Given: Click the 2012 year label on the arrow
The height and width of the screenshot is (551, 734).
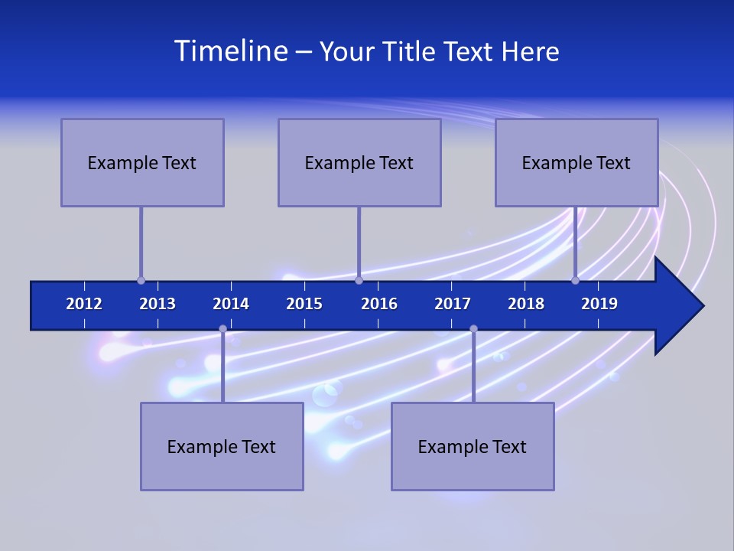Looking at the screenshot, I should [84, 304].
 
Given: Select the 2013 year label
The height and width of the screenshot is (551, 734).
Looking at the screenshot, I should [158, 304].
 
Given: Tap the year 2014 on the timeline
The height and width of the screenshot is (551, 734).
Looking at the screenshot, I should [231, 304].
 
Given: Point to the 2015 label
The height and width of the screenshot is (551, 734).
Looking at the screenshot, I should [304, 304].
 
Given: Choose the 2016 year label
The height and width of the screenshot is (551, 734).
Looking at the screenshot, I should [379, 304].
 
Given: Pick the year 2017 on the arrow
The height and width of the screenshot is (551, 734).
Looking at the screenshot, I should [453, 304].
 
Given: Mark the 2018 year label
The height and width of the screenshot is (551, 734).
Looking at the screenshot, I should [526, 304].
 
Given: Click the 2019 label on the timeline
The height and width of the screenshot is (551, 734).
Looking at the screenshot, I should [599, 304].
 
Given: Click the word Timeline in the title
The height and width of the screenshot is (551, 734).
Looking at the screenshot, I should [230, 51].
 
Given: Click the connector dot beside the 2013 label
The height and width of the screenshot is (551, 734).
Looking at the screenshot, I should [141, 281].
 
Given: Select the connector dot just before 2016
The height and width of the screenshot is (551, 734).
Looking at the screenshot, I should [359, 281].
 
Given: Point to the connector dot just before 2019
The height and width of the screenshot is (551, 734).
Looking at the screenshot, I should [575, 281].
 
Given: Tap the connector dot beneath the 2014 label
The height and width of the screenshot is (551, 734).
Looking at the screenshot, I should [222, 328].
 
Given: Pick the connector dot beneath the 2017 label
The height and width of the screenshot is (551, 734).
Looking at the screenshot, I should [473, 328].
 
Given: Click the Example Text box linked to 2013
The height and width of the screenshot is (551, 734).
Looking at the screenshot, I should [142, 162].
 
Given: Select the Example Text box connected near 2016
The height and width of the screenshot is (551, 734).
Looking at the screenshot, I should [359, 162].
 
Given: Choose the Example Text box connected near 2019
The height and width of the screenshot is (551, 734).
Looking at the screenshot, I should [576, 162].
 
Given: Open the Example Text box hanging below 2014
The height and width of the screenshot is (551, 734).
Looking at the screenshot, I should [222, 446].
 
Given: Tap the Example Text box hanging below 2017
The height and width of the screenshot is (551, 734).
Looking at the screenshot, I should [473, 446].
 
